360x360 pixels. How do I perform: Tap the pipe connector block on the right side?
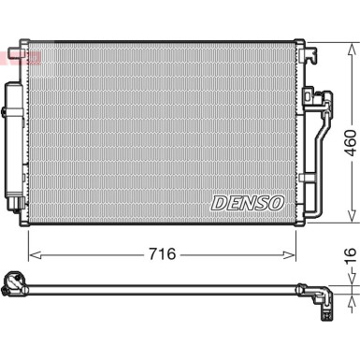coord(311,101)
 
